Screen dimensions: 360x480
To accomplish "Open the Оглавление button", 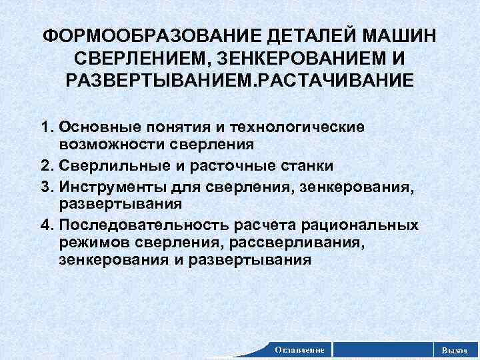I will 300,349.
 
